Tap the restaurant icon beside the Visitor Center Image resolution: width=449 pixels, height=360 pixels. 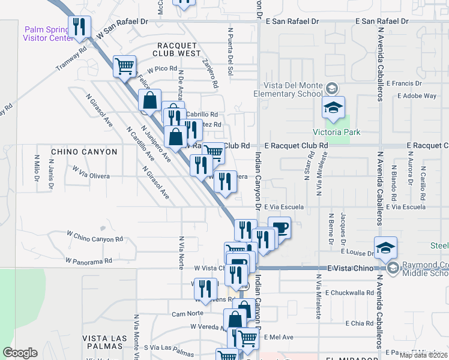(x=79, y=26)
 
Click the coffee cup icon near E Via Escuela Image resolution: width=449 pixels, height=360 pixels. (x=279, y=227)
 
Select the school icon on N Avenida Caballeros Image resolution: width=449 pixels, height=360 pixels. (x=385, y=247)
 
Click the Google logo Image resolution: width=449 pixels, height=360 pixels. (x=20, y=353)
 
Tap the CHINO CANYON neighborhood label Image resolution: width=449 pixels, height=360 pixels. (x=84, y=152)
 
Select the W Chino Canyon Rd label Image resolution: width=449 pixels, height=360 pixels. (x=94, y=236)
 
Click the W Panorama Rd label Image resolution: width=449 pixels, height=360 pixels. (x=89, y=261)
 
